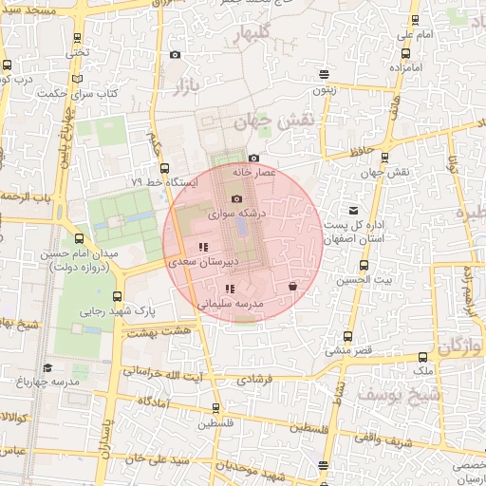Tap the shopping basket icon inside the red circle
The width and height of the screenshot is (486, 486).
292,286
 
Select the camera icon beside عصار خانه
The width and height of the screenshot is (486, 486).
253,159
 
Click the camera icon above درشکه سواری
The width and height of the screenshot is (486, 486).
236,198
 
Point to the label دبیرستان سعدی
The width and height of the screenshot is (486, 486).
196,260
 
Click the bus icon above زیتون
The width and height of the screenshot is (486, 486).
325,74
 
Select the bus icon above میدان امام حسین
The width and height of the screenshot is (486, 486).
78,239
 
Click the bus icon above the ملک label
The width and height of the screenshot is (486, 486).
423,357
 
